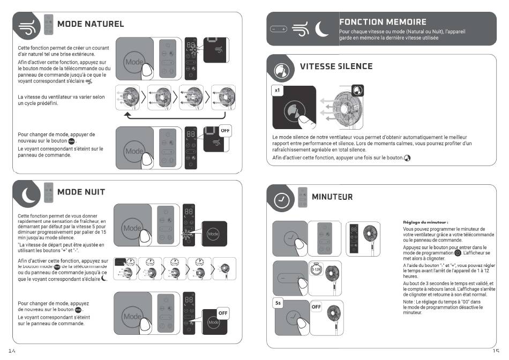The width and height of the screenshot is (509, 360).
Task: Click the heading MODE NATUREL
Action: [90, 24]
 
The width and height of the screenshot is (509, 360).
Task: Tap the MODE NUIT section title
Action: [81, 192]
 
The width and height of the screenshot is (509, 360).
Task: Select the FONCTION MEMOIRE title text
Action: [383, 22]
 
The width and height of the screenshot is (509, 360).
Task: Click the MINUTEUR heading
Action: [332, 197]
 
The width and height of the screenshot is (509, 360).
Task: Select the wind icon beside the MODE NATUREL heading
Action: [27, 27]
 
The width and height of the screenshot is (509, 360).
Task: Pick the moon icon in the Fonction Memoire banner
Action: [323, 28]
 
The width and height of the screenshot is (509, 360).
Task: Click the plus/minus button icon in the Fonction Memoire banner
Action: [279, 28]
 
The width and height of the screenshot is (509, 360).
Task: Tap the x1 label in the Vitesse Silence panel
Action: [277, 91]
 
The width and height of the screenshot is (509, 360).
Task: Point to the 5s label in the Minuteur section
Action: [279, 303]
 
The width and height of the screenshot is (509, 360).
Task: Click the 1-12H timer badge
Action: [317, 269]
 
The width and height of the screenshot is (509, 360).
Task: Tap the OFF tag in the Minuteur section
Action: [316, 307]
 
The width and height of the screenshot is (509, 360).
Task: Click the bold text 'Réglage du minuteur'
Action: [425, 222]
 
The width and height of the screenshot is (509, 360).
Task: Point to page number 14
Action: [10, 351]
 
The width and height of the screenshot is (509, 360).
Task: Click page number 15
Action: [496, 351]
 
